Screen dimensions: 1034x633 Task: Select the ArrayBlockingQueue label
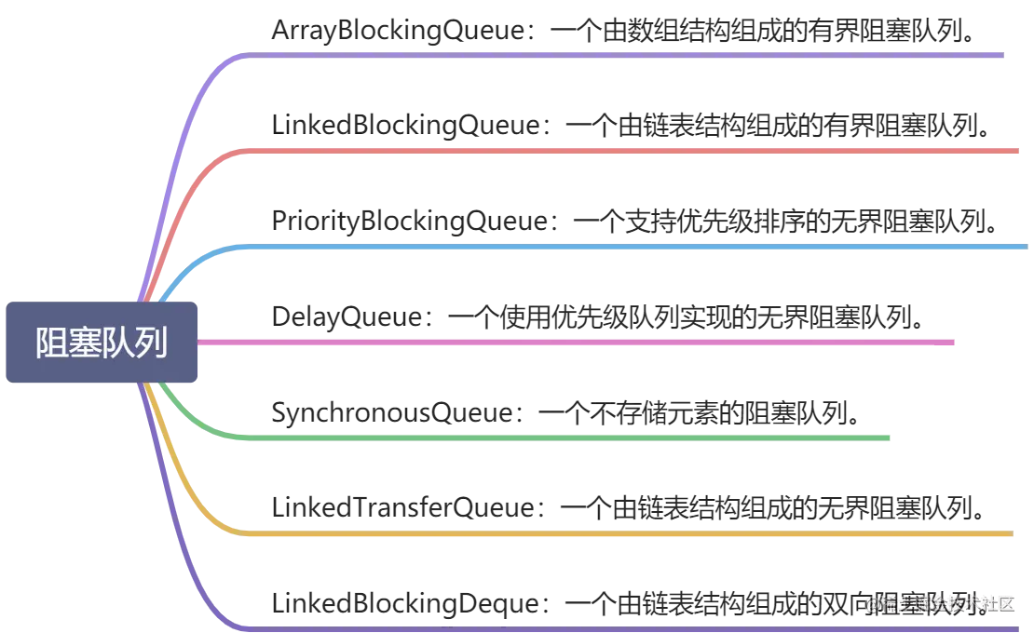point(401,32)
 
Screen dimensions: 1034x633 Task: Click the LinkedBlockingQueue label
point(410,125)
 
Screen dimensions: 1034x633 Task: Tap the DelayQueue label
point(349,316)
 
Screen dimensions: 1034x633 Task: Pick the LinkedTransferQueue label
point(406,507)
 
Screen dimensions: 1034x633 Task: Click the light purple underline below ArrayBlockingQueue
point(624,56)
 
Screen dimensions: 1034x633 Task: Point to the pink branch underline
point(578,342)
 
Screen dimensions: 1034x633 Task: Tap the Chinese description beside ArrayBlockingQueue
point(764,32)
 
